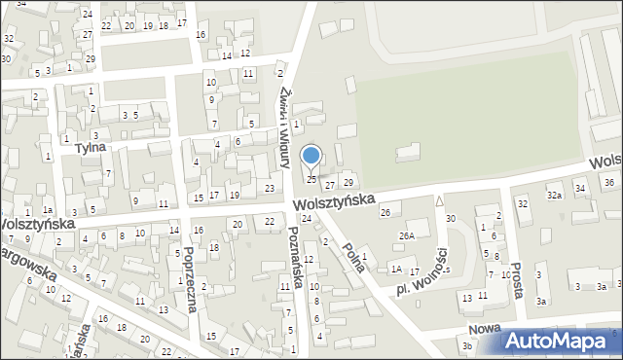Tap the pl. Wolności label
click(x=421, y=277)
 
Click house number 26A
click(x=406, y=235)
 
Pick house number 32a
click(x=554, y=196)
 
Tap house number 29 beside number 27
click(x=348, y=183)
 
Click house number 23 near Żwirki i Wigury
click(x=269, y=188)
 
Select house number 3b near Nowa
click(x=467, y=345)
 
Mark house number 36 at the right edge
click(x=609, y=182)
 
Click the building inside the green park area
click(x=409, y=153)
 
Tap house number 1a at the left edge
click(x=47, y=210)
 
